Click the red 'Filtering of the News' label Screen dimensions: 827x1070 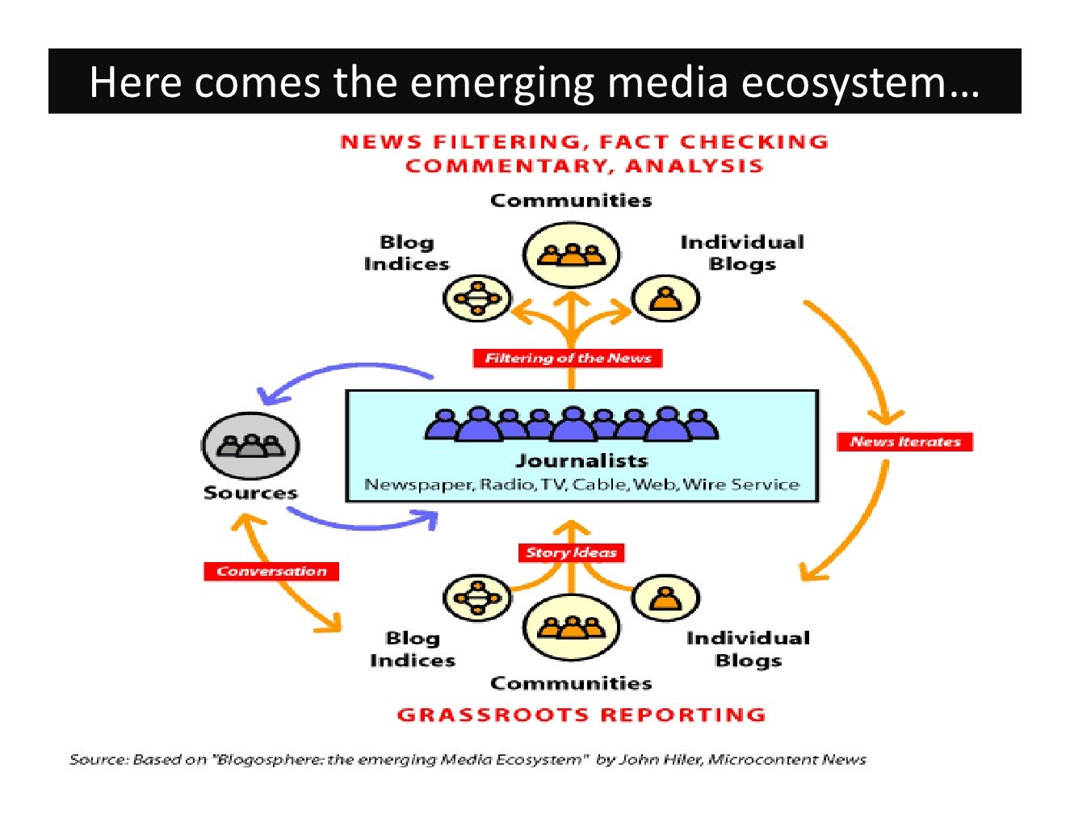coord(568,358)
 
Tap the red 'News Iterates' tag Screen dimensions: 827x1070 coord(905,442)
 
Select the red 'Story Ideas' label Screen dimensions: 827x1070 coord(571,552)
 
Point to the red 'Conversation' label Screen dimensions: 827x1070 coord(271,571)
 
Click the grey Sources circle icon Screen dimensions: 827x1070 coord(250,446)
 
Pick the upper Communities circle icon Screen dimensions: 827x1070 coord(571,254)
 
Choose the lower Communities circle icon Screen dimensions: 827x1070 coord(571,627)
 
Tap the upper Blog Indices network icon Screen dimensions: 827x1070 coord(477,298)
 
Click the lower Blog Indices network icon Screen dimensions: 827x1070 coord(476,598)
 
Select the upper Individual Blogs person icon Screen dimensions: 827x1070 coord(665,298)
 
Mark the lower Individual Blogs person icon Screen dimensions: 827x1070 coord(665,598)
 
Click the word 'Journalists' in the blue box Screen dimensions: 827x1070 coord(581,461)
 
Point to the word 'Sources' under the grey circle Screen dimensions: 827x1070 coord(250,493)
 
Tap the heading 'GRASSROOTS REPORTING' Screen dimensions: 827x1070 coord(581,715)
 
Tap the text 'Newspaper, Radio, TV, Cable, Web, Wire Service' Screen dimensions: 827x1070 coord(581,485)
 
